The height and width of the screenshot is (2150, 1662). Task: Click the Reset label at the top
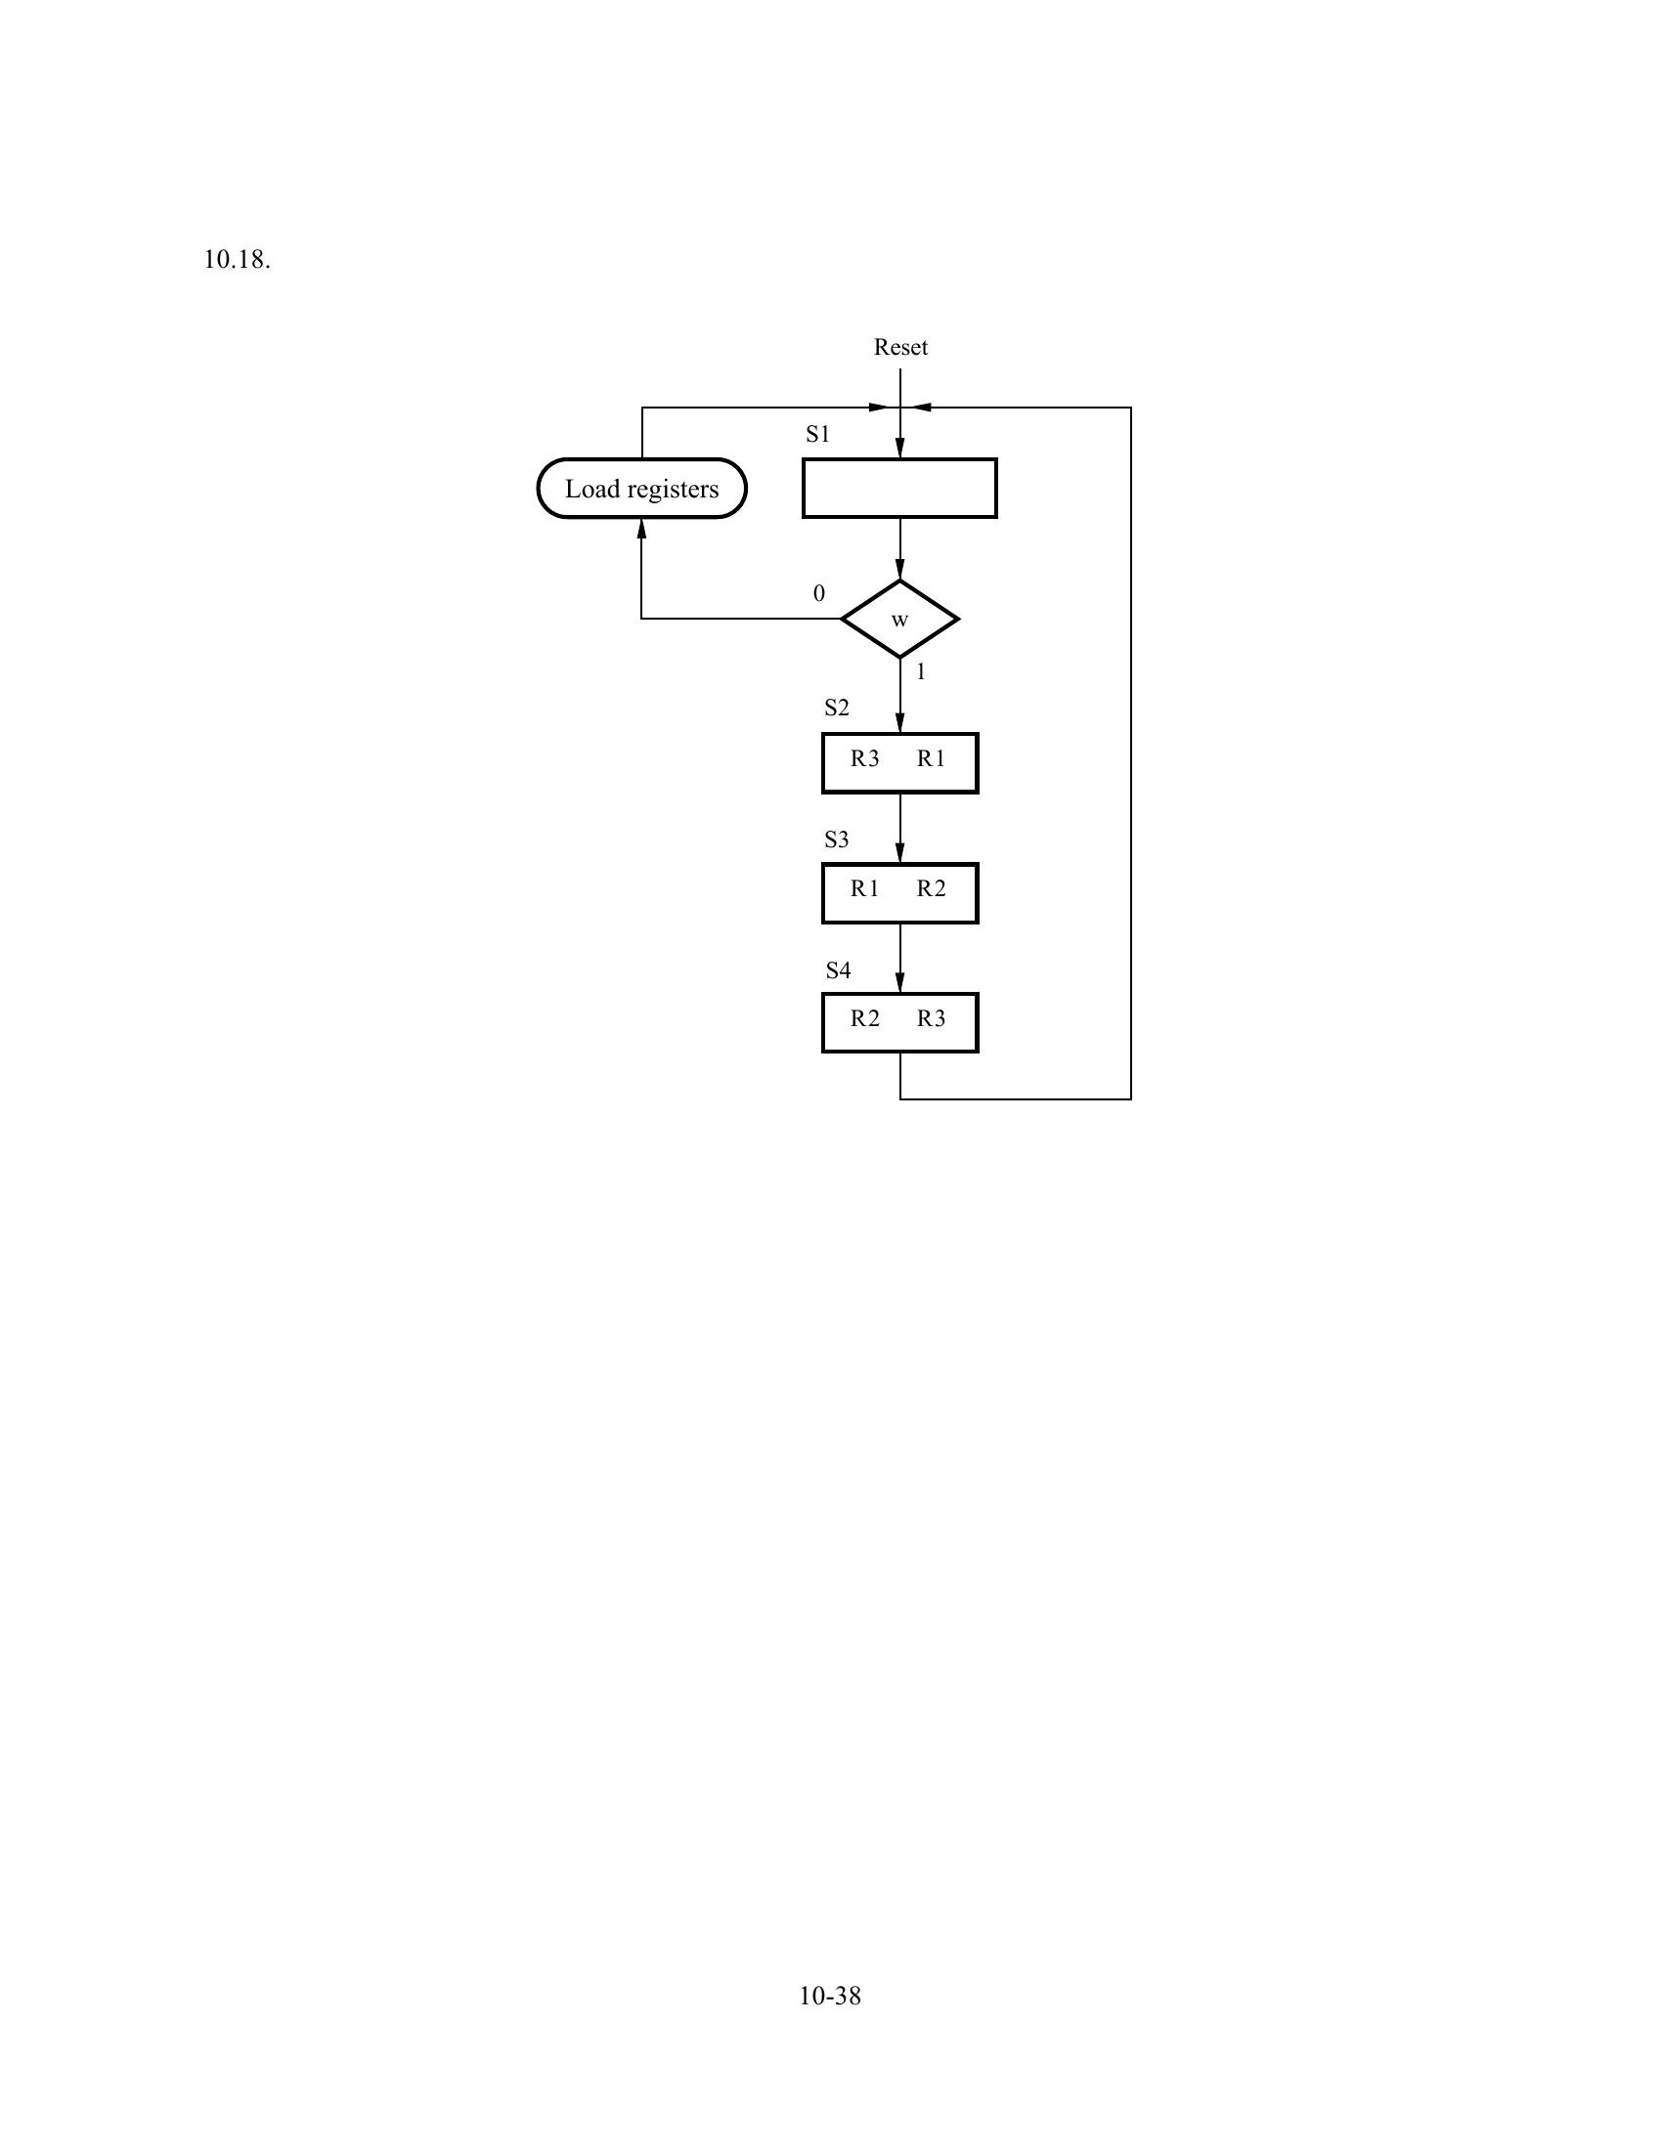pyautogui.click(x=899, y=348)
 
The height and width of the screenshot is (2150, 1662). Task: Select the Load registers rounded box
pyautogui.click(x=642, y=489)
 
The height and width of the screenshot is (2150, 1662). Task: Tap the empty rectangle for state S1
pyautogui.click(x=898, y=489)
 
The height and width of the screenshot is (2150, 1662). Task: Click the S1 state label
pyautogui.click(x=817, y=435)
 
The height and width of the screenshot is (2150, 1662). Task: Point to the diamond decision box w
pyautogui.click(x=899, y=620)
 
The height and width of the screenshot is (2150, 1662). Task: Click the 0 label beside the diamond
pyautogui.click(x=818, y=593)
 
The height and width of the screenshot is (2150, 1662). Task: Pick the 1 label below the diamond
pyautogui.click(x=921, y=672)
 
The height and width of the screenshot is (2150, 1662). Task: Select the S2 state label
pyautogui.click(x=836, y=708)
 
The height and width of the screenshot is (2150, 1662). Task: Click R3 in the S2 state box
pyautogui.click(x=864, y=758)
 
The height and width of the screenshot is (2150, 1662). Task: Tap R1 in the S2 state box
pyautogui.click(x=931, y=758)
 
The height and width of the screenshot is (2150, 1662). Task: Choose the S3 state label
pyautogui.click(x=836, y=839)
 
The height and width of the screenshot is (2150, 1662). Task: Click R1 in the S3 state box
pyautogui.click(x=864, y=889)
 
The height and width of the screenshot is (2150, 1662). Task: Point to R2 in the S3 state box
pyautogui.click(x=931, y=889)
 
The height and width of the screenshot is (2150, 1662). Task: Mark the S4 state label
pyautogui.click(x=838, y=970)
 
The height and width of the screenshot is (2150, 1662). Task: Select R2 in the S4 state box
pyautogui.click(x=864, y=1019)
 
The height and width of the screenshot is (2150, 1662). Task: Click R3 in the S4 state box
pyautogui.click(x=931, y=1019)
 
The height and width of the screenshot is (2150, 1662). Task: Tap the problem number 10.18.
pyautogui.click(x=237, y=260)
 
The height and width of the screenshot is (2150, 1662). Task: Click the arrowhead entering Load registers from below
pyautogui.click(x=642, y=529)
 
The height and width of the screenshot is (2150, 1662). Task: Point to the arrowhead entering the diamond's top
pyautogui.click(x=899, y=570)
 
